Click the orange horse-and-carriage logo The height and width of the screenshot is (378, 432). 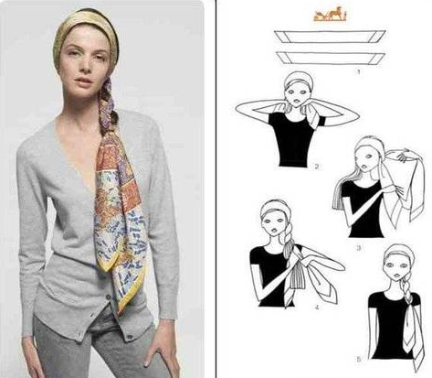330,14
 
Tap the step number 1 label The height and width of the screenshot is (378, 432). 359,72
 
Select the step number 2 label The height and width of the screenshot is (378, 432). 317,167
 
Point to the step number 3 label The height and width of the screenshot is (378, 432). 359,248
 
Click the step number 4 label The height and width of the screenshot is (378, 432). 317,308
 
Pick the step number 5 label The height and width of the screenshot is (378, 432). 359,360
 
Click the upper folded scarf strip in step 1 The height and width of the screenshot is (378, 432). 330,37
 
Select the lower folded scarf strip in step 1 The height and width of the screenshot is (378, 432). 331,58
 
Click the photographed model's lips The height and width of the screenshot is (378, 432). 84,81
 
